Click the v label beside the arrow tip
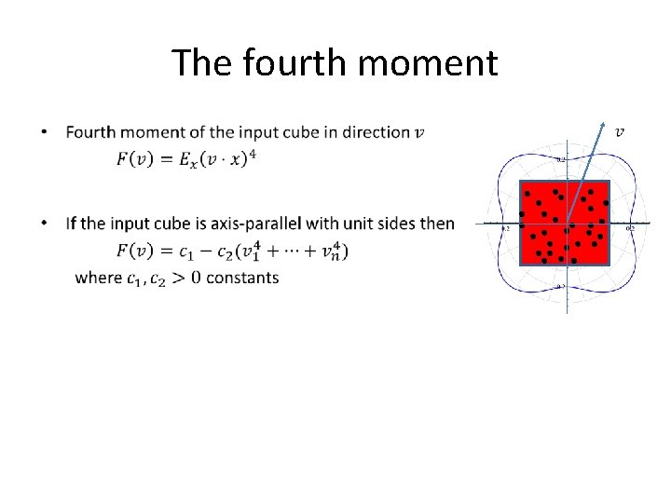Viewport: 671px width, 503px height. tap(620, 130)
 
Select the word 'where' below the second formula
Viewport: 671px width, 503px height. tap(98, 278)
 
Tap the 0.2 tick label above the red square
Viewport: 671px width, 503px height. tap(561, 159)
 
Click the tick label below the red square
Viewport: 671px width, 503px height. tap(561, 287)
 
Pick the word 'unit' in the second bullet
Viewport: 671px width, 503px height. tap(363, 224)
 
